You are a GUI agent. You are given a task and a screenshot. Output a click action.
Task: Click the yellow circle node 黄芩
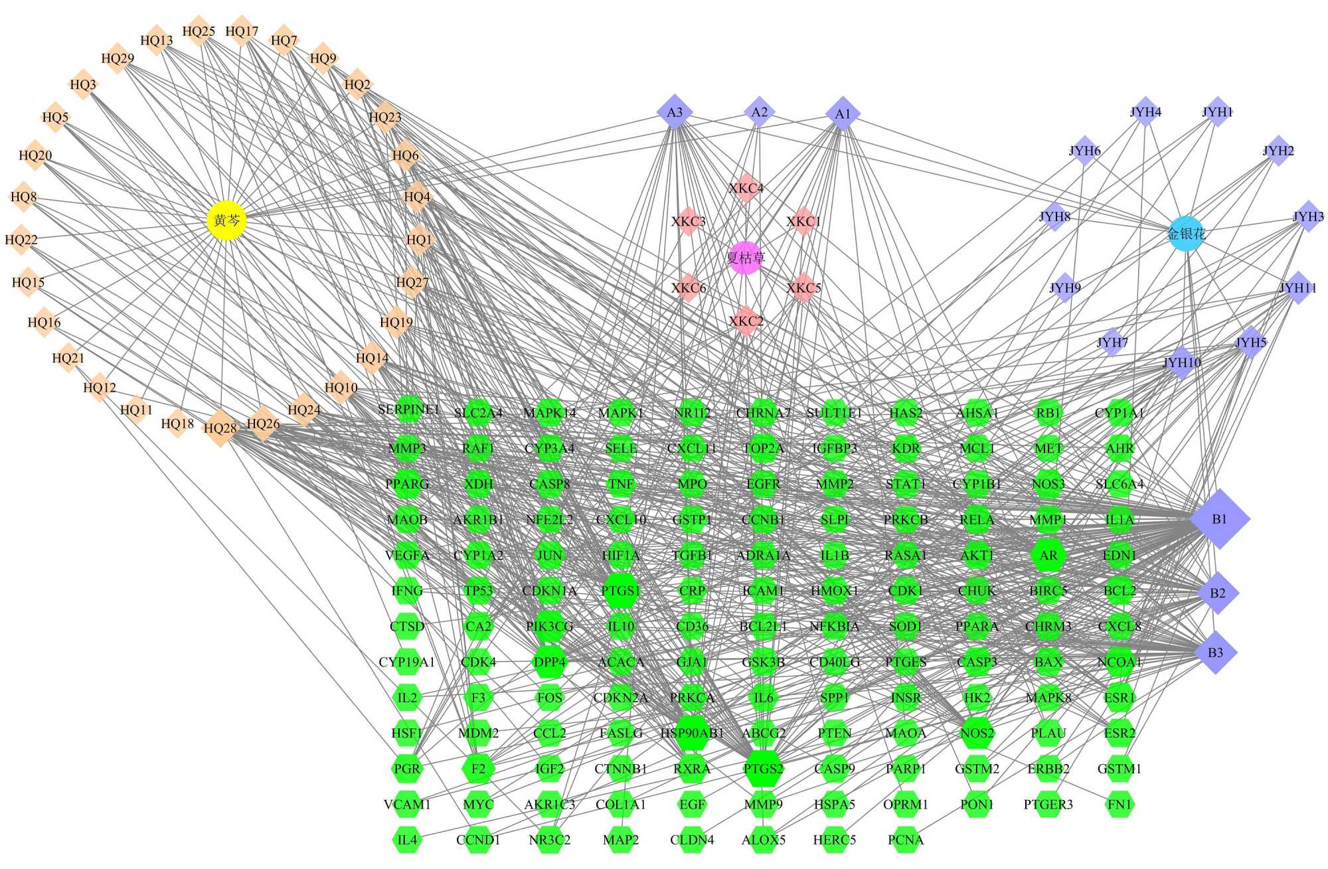coord(227,220)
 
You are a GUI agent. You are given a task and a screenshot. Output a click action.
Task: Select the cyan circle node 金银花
coord(1186,234)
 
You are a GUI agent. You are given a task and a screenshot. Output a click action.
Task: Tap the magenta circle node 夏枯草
coord(746,258)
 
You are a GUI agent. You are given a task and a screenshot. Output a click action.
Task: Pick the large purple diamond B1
coord(1220,519)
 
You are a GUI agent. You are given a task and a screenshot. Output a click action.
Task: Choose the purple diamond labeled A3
coord(675,112)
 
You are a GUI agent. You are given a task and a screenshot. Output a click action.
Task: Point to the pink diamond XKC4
coord(746,189)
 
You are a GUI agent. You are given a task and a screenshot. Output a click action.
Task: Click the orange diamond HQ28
coord(220,428)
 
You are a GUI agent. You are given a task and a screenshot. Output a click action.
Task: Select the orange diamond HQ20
coord(35,155)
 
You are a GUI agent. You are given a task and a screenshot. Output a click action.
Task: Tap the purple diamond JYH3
coord(1308,216)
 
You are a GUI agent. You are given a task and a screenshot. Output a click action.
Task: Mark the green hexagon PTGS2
coord(764,769)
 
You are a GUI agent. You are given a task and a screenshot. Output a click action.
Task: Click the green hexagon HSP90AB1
coord(692,733)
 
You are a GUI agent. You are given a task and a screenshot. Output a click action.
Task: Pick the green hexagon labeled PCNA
coord(906,840)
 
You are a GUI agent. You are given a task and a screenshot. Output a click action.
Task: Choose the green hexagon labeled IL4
coord(407,840)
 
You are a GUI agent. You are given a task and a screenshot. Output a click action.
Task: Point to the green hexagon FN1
coord(1120,805)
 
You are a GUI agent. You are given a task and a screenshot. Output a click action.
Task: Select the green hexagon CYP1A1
coord(1120,413)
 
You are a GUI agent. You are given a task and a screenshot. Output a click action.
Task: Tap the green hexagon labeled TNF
coord(621,484)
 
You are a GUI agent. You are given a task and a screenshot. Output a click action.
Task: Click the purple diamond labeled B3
coord(1215,653)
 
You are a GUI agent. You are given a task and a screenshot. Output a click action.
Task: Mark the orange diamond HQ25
coord(199,31)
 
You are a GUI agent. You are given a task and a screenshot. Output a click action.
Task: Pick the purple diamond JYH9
coord(1065,287)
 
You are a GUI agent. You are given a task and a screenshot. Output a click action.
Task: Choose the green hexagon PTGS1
coord(621,591)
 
